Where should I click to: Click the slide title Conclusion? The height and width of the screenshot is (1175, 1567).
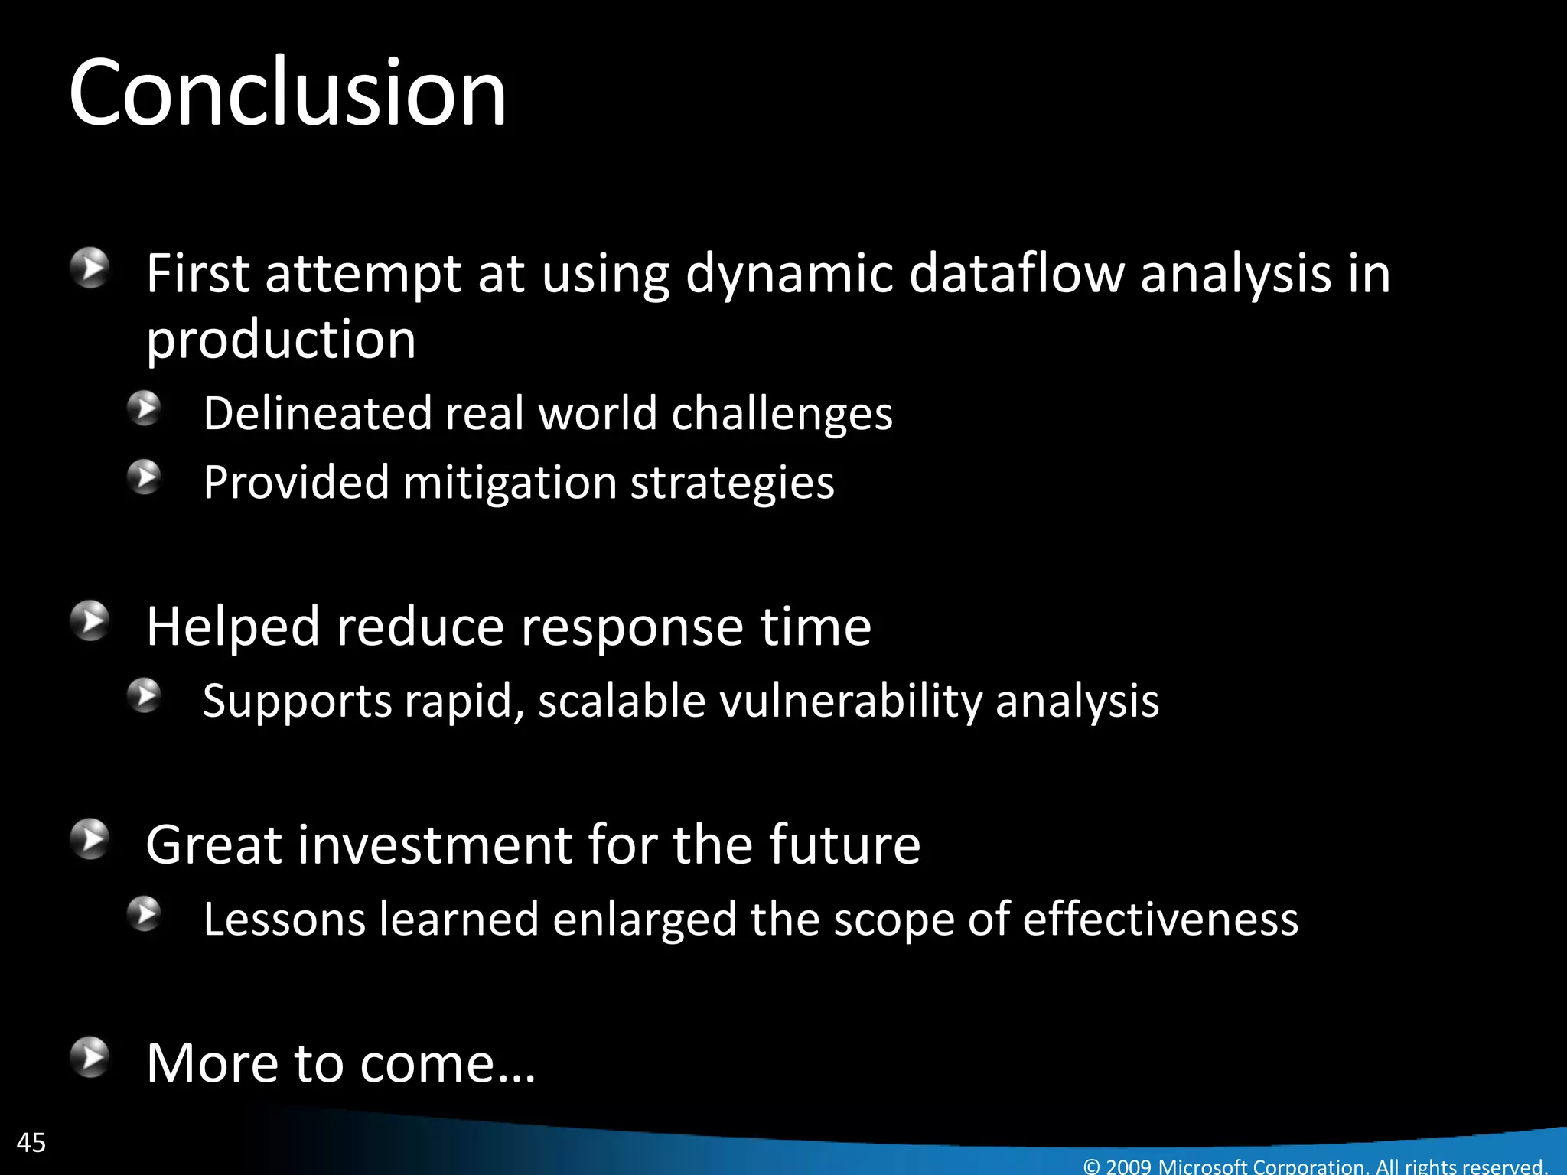(287, 93)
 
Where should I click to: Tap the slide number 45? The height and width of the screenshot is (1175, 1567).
(31, 1143)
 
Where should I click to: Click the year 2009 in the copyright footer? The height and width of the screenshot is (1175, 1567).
(1128, 1167)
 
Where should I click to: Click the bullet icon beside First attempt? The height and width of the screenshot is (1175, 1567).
(91, 268)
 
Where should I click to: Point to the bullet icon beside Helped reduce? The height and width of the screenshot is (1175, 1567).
(91, 621)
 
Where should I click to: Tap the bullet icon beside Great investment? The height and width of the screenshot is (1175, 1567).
(91, 839)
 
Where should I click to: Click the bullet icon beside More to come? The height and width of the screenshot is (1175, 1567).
(91, 1057)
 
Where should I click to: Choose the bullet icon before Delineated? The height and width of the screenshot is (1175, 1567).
(144, 408)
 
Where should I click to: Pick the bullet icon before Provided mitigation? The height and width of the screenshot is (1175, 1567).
(144, 477)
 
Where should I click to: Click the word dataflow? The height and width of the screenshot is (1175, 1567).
(1016, 273)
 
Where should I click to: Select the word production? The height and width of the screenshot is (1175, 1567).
(281, 339)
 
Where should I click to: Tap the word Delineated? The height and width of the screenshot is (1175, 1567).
(318, 414)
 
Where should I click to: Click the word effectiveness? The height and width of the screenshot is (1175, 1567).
(1160, 919)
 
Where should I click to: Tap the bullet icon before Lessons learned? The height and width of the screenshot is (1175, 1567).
(144, 913)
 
